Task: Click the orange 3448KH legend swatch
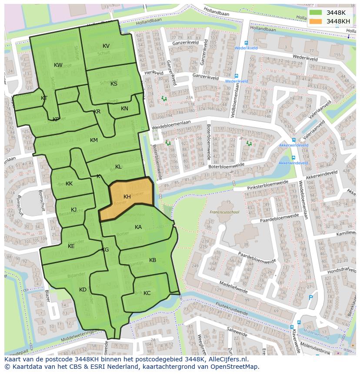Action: [x=316, y=21]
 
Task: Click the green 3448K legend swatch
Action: [x=316, y=13]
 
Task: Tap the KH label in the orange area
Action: [x=127, y=197]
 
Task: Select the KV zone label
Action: [x=106, y=46]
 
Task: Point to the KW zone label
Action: [x=58, y=65]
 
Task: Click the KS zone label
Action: [x=114, y=84]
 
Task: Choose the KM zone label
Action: [x=94, y=140]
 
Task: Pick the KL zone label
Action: [x=118, y=167]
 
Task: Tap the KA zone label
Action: [x=138, y=227]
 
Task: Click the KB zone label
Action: [x=153, y=260]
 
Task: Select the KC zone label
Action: [x=147, y=293]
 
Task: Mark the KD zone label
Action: [x=83, y=290]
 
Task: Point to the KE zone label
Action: [x=71, y=246]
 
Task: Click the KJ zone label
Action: [x=74, y=210]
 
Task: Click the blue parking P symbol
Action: [x=310, y=298]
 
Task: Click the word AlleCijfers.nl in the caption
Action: [x=227, y=359]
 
